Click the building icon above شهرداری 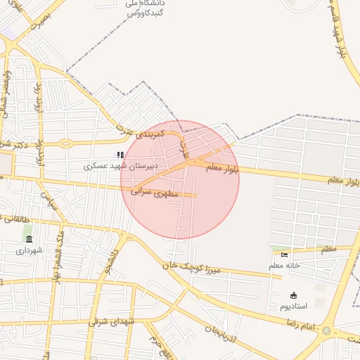coord(29,240)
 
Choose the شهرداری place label coord(29,250)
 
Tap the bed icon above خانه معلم coord(284,255)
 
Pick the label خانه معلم coord(284,266)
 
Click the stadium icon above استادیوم coord(293,295)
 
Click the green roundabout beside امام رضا coord(326,330)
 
